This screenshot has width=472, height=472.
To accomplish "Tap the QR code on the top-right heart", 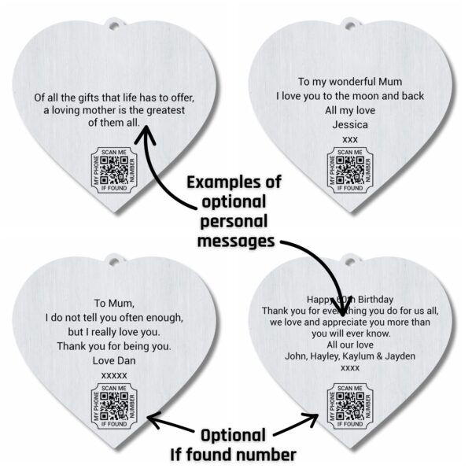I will pyautogui.click(x=349, y=168).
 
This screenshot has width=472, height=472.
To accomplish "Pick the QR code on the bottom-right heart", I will pyautogui.click(x=349, y=406).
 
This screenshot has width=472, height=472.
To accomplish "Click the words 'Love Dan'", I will pyautogui.click(x=115, y=361).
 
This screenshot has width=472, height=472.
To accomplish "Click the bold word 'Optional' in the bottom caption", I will pyautogui.click(x=234, y=435).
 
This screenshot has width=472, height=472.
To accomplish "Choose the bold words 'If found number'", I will pyautogui.click(x=234, y=455).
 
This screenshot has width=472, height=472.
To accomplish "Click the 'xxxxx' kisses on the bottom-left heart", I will pyautogui.click(x=115, y=375).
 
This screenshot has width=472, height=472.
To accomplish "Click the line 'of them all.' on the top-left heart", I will pyautogui.click(x=115, y=124).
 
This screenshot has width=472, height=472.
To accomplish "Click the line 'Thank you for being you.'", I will pyautogui.click(x=115, y=346).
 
